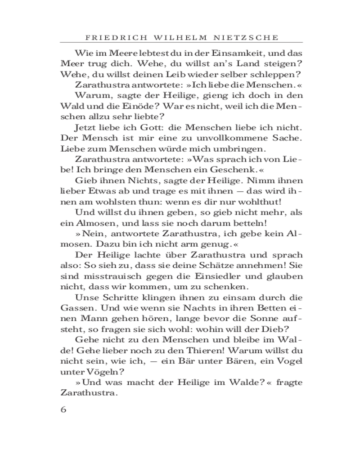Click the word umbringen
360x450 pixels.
[243, 149]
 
